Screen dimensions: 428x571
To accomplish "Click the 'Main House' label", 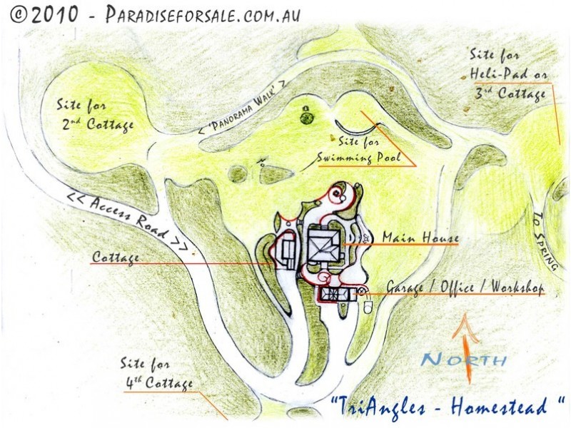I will click(420, 237).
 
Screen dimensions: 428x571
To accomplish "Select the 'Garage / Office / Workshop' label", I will click(465, 286).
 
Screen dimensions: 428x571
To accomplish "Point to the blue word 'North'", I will click(463, 360).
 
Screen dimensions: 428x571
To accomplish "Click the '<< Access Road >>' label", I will click(128, 220).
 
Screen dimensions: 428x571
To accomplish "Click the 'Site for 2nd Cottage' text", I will click(96, 115).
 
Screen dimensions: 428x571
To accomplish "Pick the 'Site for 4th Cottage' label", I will click(158, 375).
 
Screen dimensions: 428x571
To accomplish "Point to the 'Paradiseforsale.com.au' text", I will click(203, 14).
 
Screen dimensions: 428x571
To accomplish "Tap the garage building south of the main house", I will click(333, 293).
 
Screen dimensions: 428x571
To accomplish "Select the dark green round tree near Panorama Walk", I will click(306, 117).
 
